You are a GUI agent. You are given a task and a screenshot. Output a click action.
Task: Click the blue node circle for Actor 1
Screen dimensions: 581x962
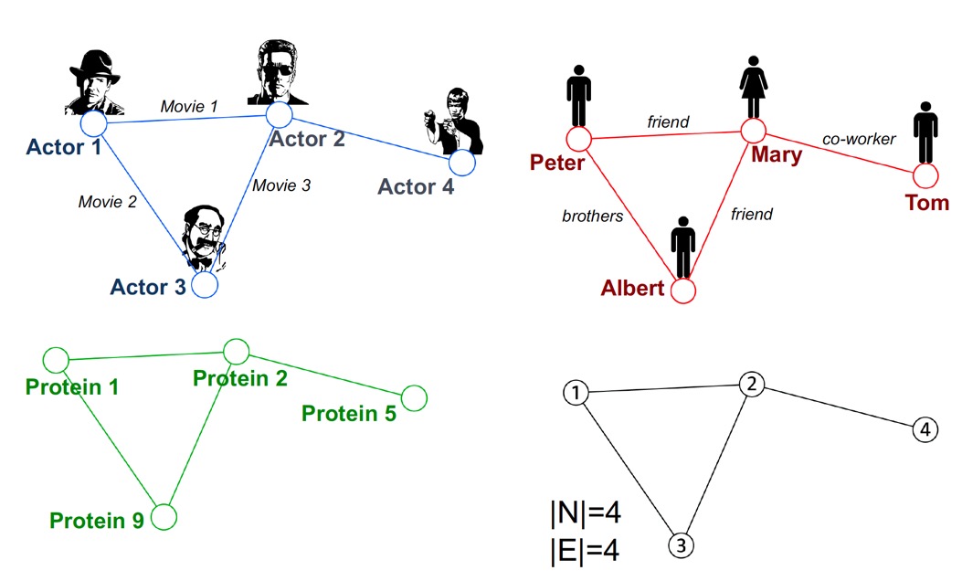[94, 123]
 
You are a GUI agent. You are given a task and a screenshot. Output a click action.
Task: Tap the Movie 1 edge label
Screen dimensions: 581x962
[189, 107]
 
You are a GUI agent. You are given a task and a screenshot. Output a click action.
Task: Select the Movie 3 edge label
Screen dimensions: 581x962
[281, 185]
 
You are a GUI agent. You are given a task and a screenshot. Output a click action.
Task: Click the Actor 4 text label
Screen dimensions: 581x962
[416, 187]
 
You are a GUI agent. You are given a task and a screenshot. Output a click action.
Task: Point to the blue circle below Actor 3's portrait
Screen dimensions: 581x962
[205, 285]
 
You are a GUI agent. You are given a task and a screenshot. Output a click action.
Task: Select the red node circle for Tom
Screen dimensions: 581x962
[925, 175]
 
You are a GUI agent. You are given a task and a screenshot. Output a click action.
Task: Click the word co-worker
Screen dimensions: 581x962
[859, 139]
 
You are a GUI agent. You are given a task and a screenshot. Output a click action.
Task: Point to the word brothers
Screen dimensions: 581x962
[592, 217]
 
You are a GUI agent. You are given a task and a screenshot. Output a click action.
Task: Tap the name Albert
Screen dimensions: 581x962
[632, 289]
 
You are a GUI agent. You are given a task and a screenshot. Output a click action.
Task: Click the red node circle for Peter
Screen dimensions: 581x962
[579, 140]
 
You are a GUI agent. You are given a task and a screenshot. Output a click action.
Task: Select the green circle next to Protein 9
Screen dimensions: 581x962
[163, 518]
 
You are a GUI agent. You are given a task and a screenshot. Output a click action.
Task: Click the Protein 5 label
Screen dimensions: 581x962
[349, 414]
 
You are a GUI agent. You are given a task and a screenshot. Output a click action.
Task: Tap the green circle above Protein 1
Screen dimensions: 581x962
[57, 359]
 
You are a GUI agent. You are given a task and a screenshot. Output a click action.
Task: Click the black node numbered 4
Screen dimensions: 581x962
[925, 429]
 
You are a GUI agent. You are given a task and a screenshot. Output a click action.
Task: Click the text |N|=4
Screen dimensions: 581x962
[585, 514]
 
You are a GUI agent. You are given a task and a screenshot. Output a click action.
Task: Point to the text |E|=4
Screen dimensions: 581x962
[585, 551]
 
